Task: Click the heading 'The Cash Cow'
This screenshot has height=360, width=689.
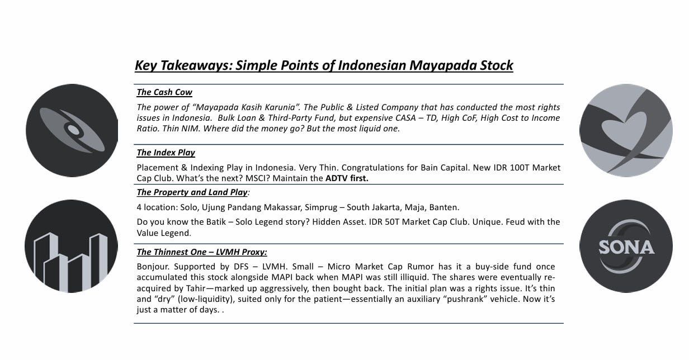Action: click(164, 93)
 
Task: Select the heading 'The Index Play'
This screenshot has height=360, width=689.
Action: click(166, 153)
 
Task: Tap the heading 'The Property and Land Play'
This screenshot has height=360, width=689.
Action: click(192, 192)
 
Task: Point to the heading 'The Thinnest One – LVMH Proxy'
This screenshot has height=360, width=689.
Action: click(202, 252)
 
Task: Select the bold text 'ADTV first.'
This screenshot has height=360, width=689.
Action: click(347, 179)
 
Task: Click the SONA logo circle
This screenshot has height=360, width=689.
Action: click(626, 246)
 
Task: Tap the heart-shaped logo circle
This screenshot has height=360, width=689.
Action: click(626, 130)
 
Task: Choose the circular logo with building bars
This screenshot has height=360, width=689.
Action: click(71, 247)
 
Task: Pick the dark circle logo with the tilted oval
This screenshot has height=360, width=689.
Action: click(72, 130)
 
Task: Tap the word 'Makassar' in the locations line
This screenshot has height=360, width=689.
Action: click(282, 207)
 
